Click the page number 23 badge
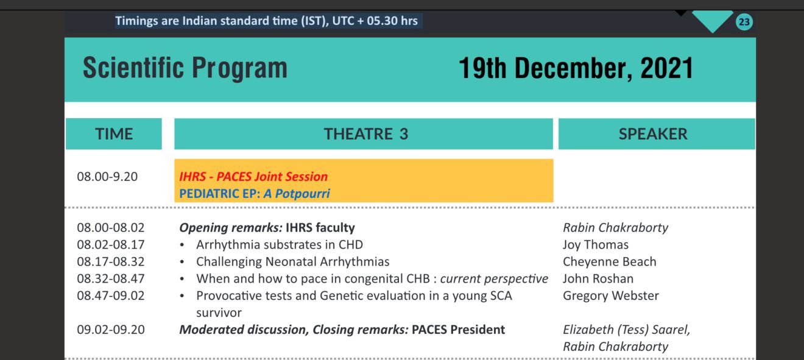744,23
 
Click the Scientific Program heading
185,68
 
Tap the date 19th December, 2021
576,68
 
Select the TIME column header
114,134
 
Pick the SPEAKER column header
653,134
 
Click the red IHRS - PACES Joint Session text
253,177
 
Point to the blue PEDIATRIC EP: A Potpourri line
255,194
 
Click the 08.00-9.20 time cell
107,177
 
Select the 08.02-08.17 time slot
111,245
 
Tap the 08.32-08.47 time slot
111,279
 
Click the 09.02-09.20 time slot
111,330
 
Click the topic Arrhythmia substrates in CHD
279,245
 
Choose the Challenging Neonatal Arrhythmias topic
292,262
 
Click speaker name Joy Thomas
595,245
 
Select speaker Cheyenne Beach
609,262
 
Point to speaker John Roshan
598,279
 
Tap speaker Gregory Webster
610,296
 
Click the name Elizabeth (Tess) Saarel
626,330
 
